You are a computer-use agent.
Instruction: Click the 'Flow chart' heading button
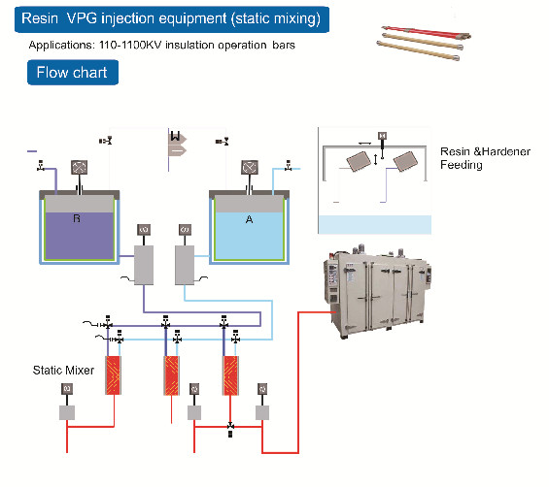[73, 73]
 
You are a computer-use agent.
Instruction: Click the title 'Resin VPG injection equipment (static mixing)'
[175, 17]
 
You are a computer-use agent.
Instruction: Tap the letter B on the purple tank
[77, 220]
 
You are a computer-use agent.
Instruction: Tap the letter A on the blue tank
[249, 220]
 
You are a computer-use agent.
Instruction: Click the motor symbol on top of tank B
[78, 167]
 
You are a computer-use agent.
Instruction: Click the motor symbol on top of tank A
[250, 167]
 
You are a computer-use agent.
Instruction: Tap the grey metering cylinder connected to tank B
[146, 263]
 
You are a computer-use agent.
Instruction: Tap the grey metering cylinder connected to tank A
[186, 263]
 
